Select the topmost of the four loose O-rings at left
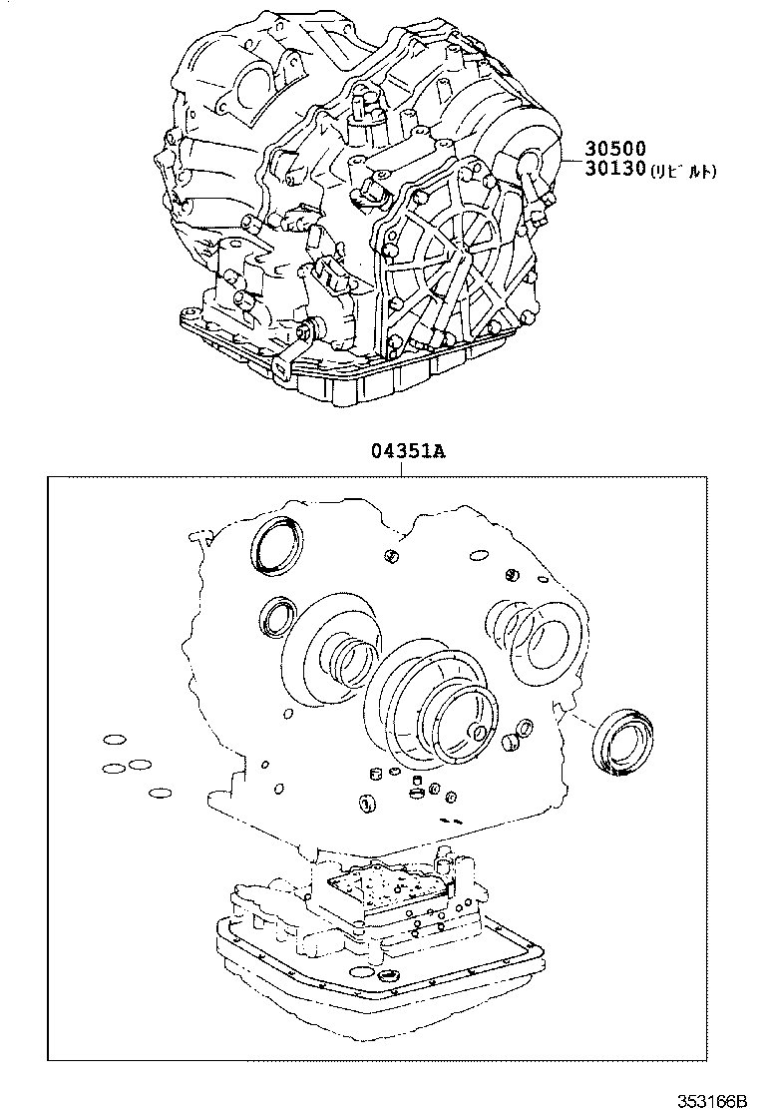pyautogui.click(x=115, y=741)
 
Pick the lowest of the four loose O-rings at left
pyautogui.click(x=159, y=795)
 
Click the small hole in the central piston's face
pyautogui.click(x=479, y=734)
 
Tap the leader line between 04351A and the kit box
pyautogui.click(x=403, y=468)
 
